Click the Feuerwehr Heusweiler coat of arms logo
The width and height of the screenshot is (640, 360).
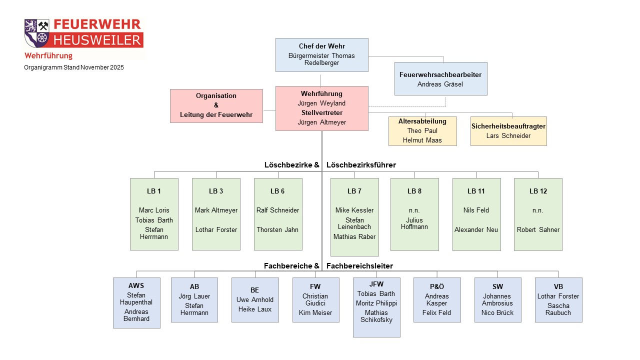pos(37,33)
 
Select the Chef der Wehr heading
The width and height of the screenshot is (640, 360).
pos(321,46)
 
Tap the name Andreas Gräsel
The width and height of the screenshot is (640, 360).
pos(440,84)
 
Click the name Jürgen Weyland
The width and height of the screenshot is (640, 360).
pos(321,103)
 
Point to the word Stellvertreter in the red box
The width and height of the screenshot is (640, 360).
pos(321,112)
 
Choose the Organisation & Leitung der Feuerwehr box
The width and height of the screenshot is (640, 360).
pos(216,105)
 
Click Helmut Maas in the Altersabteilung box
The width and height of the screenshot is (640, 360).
pos(422,140)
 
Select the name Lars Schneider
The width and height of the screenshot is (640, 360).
pos(508,135)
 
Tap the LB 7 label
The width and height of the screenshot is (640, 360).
pos(354,191)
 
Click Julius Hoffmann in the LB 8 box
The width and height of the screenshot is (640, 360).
pos(414,223)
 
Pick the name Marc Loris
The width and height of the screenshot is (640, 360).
pos(153,210)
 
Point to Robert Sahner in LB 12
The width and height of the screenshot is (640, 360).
pos(538,229)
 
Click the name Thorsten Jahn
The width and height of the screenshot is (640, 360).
pos(277,229)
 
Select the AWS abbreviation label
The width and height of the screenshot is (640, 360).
pos(136,285)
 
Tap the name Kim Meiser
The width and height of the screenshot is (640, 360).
pos(315,312)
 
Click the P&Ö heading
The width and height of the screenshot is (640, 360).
pos(436,286)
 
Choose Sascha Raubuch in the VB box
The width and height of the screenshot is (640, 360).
pos(558,309)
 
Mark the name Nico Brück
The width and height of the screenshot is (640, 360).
pos(497,312)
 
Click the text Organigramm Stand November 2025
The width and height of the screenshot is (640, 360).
pos(74,67)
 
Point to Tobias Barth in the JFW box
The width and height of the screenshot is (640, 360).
pos(376,293)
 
